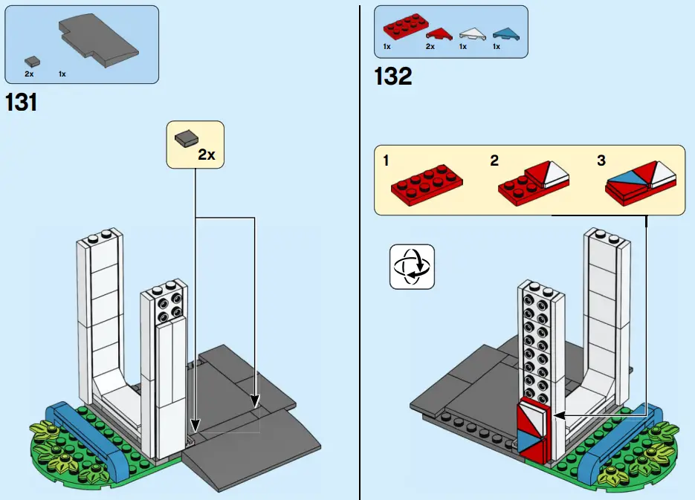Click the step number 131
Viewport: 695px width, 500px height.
[22, 102]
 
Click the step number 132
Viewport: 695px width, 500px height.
[393, 75]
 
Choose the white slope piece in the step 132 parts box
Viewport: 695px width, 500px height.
[470, 33]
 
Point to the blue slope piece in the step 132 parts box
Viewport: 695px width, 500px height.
[505, 32]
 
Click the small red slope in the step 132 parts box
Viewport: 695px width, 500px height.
[439, 33]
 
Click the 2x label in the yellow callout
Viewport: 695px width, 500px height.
[206, 155]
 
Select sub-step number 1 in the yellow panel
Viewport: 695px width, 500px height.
[386, 160]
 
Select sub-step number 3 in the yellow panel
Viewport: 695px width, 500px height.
[601, 160]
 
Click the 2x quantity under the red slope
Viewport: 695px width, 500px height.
[430, 47]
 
